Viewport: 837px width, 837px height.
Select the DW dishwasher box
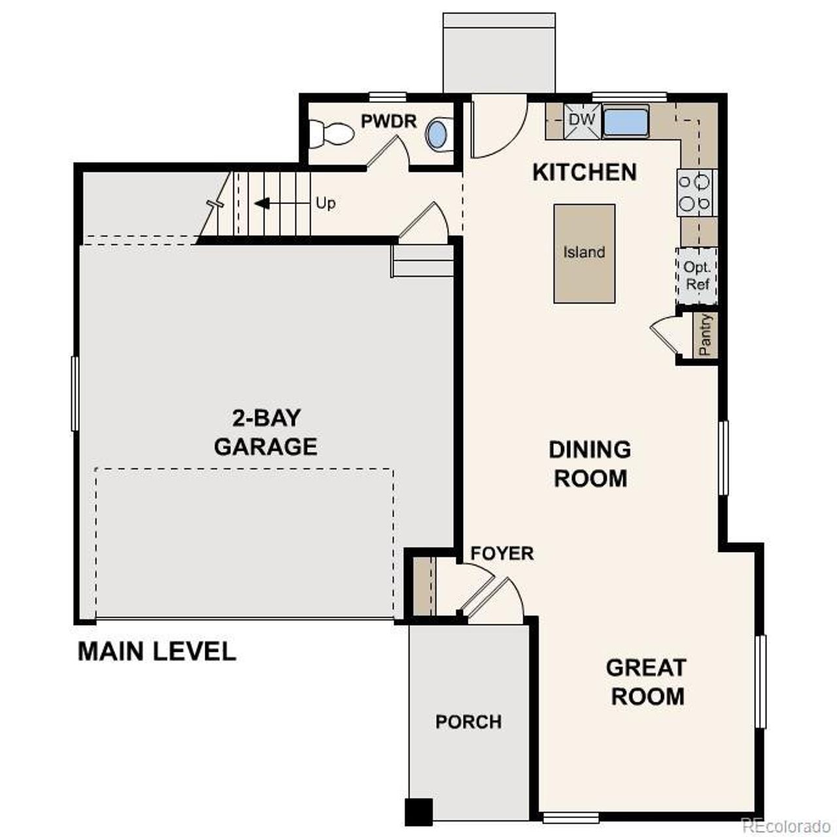[x=581, y=120]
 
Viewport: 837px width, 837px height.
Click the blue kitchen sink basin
[x=625, y=122]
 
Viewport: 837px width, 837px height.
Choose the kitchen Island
[x=584, y=253]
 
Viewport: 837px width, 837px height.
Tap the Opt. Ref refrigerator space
[x=697, y=276]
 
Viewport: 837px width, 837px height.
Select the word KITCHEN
[x=584, y=172]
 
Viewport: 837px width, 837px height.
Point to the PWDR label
[x=388, y=121]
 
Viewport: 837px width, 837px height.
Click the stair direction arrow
[x=263, y=203]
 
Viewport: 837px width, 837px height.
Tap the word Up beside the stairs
[x=326, y=203]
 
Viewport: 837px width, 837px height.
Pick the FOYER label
[x=502, y=553]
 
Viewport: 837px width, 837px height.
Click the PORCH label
[x=469, y=722]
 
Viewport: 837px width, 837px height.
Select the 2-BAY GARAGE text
[x=265, y=432]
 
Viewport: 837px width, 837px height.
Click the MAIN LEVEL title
[x=157, y=651]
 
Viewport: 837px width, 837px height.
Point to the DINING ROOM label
[x=590, y=464]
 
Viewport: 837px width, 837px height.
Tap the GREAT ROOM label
[x=647, y=681]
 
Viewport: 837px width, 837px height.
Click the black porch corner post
[x=418, y=811]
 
